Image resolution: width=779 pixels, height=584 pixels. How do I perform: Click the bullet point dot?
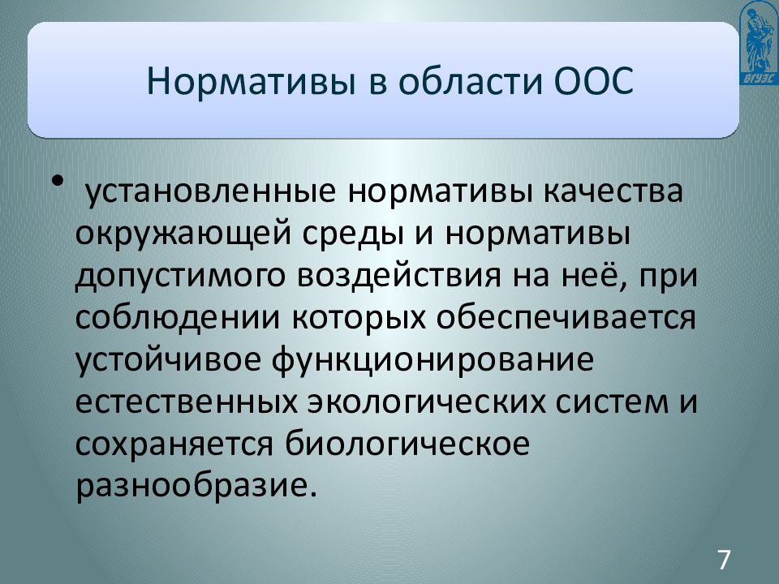[58, 181]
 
